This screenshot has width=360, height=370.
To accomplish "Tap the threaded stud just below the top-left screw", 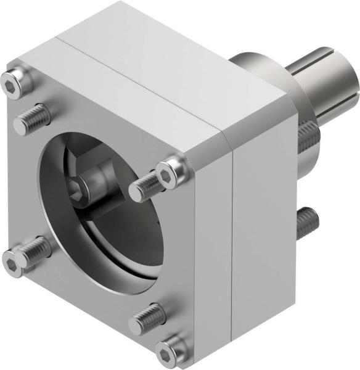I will pyautogui.click(x=31, y=119).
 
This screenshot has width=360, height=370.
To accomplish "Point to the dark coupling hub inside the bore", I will pyautogui.click(x=102, y=197).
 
